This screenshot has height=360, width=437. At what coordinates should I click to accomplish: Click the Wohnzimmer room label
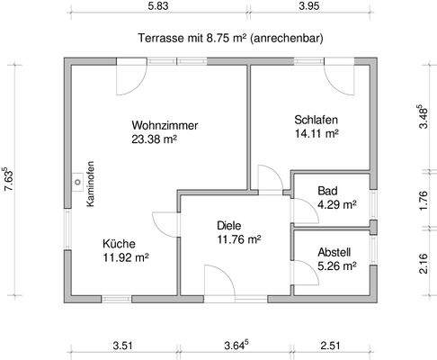pyautogui.click(x=164, y=124)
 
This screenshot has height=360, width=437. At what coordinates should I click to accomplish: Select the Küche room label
pyautogui.click(x=119, y=243)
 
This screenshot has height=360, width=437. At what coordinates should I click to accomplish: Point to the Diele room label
pyautogui.click(x=231, y=226)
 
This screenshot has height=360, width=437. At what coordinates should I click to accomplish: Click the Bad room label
pyautogui.click(x=328, y=191)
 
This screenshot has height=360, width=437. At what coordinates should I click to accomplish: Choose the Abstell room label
pyautogui.click(x=334, y=252)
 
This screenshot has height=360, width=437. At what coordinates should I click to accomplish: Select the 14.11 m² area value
pyautogui.click(x=316, y=134)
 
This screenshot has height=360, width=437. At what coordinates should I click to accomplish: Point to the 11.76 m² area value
pyautogui.click(x=238, y=239)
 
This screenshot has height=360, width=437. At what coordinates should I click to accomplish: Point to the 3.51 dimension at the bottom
pyautogui.click(x=122, y=343)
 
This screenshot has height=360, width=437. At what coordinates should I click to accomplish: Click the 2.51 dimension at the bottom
pyautogui.click(x=332, y=343)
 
